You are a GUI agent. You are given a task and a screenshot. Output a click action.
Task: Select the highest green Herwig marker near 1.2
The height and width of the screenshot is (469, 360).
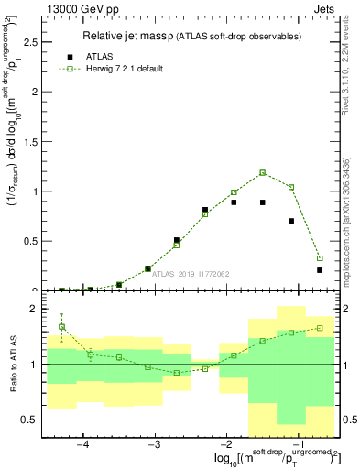click(x=262, y=172)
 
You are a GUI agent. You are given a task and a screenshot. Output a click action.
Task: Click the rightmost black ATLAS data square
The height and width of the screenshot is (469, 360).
click(x=320, y=270)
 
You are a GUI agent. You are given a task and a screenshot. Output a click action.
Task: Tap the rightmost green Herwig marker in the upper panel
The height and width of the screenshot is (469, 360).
click(x=320, y=258)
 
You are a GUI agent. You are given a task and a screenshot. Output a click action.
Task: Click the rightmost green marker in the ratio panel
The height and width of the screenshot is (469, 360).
click(x=320, y=328)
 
